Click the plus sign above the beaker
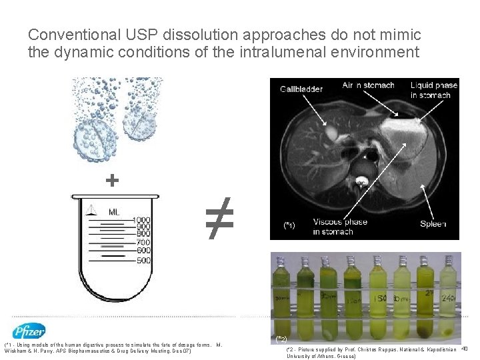tap(113, 180)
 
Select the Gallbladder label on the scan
tap(301, 89)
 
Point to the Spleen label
tap(433, 224)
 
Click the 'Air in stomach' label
tap(369, 85)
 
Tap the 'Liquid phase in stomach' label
tap(433, 90)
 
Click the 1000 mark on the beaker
tap(142, 220)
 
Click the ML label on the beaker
tap(115, 212)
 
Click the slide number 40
tap(465, 349)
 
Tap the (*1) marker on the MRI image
tap(289, 226)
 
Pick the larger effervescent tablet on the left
tap(89, 142)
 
